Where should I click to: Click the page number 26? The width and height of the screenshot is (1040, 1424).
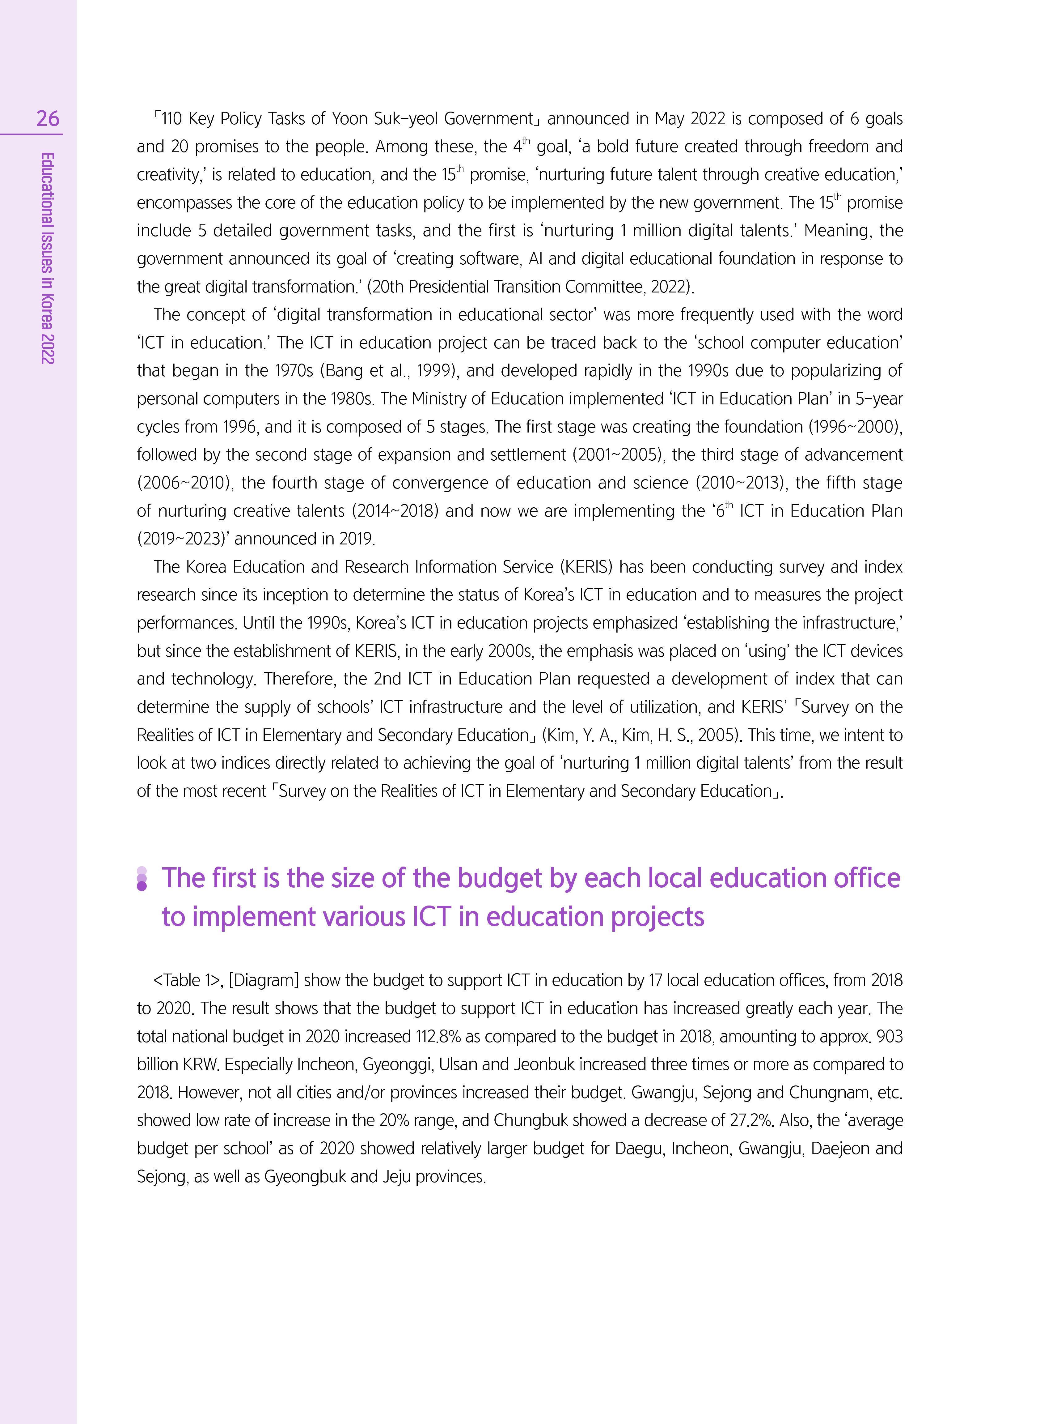48,118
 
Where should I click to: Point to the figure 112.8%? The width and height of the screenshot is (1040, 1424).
439,1037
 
